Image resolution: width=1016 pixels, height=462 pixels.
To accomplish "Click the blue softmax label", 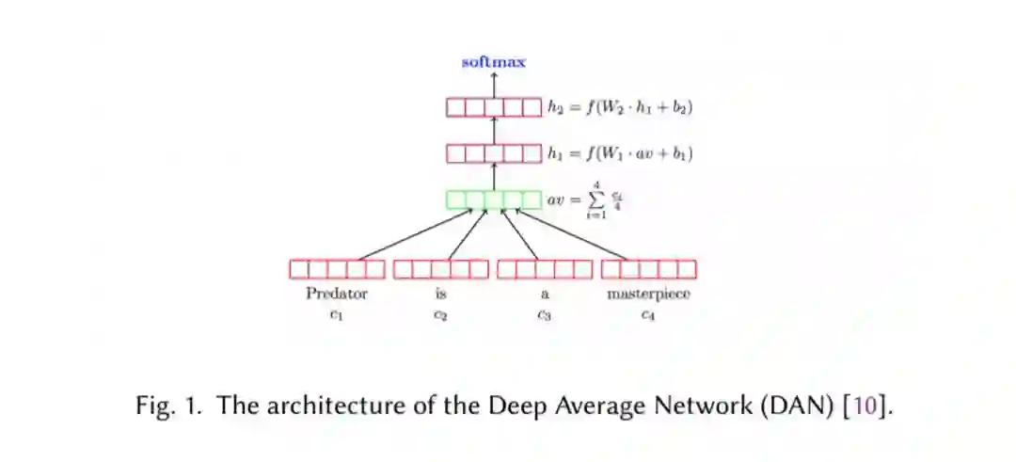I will [x=494, y=62].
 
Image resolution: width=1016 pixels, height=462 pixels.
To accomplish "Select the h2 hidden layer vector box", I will [x=494, y=107].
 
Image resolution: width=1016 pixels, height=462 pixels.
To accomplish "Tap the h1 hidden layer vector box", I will [x=494, y=152].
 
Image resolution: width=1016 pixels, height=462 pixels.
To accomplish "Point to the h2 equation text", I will [x=620, y=107].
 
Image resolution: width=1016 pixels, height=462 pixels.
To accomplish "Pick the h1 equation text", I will [x=621, y=152].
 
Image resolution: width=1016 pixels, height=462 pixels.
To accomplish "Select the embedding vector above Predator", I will [x=337, y=269].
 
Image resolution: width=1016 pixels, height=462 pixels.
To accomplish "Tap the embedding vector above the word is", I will [x=441, y=269].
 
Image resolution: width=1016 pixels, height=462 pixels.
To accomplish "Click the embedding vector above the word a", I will [x=545, y=269].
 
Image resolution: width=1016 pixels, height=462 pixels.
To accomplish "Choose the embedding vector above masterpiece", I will [x=649, y=269].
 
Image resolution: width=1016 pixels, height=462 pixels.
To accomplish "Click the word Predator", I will [x=337, y=294].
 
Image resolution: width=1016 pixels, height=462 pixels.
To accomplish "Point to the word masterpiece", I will [x=648, y=294].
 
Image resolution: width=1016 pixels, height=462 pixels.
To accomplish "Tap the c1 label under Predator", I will [x=337, y=315].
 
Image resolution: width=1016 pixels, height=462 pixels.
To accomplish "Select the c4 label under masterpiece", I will [x=648, y=315].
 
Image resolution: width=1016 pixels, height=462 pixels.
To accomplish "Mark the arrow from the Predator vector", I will [x=414, y=235].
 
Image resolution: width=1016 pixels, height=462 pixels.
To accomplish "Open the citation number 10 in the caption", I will [x=865, y=408].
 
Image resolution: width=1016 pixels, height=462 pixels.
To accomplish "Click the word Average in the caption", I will [x=591, y=408].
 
